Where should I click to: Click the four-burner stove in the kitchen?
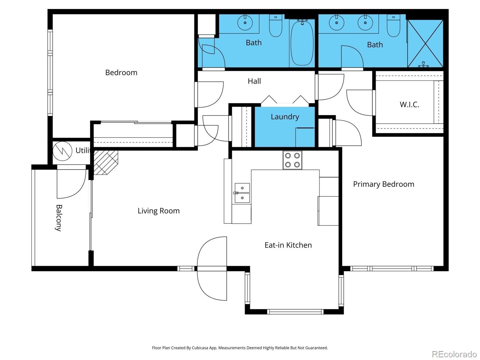pyautogui.click(x=292, y=160)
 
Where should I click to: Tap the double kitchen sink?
pyautogui.click(x=242, y=193)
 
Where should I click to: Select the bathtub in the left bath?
pyautogui.click(x=302, y=43)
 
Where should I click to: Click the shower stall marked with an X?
pyautogui.click(x=425, y=44)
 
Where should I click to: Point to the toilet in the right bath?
pyautogui.click(x=393, y=26)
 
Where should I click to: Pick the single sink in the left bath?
pyautogui.click(x=245, y=23)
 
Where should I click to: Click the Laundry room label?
pyautogui.click(x=285, y=117)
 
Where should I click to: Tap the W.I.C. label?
pyautogui.click(x=409, y=104)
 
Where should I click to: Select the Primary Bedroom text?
pyautogui.click(x=383, y=184)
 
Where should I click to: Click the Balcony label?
pyautogui.click(x=59, y=218)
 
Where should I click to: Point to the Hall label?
pyautogui.click(x=254, y=81)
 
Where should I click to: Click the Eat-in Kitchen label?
pyautogui.click(x=288, y=245)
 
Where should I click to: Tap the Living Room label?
pyautogui.click(x=158, y=211)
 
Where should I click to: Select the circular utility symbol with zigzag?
pyautogui.click(x=62, y=151)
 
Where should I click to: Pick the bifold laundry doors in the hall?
pyautogui.click(x=285, y=100)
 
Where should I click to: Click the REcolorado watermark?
pyautogui.click(x=454, y=354)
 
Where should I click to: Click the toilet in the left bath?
pyautogui.click(x=275, y=26)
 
